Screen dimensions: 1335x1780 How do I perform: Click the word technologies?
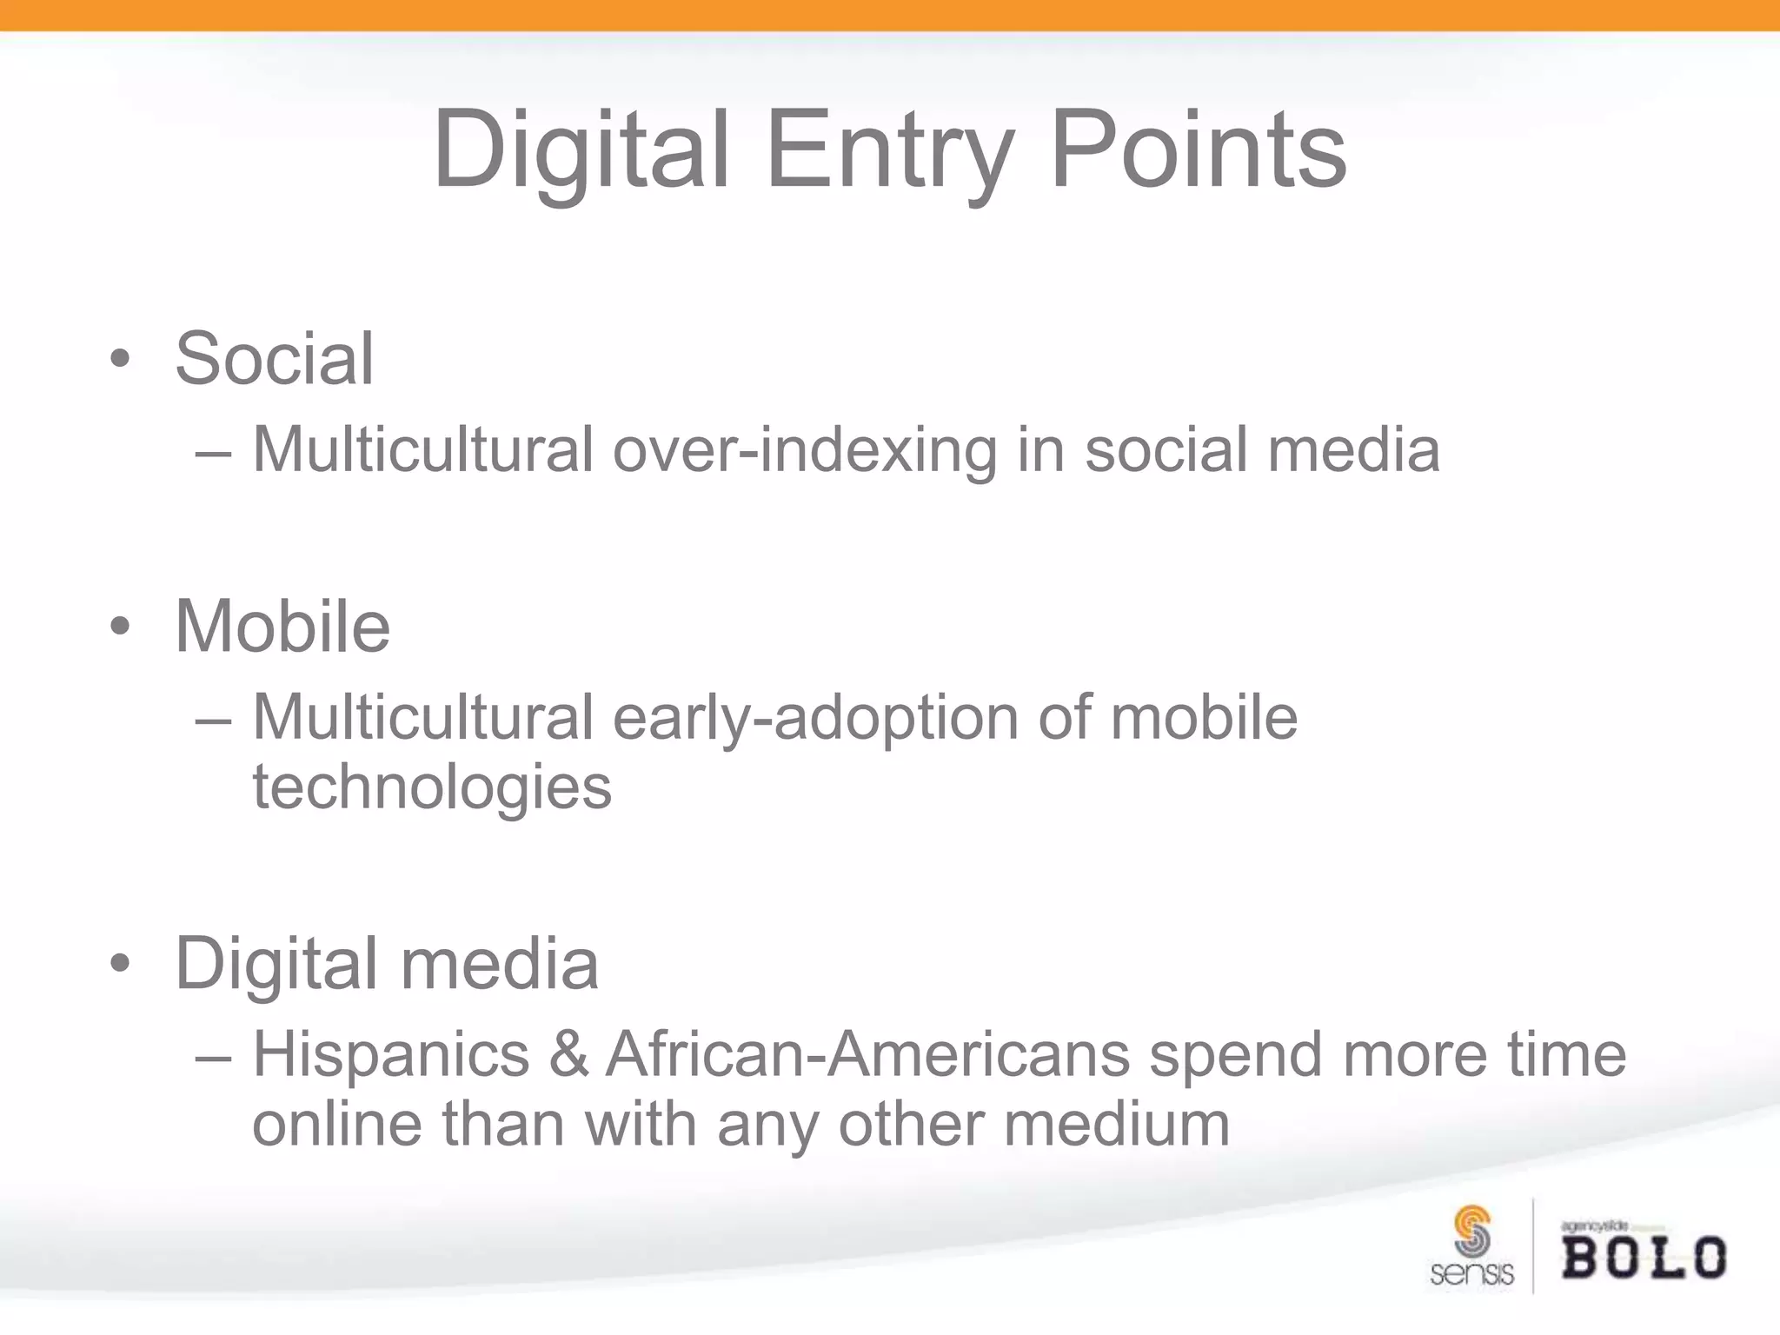coord(432,787)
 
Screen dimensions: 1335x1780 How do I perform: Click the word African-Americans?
coord(867,1055)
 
